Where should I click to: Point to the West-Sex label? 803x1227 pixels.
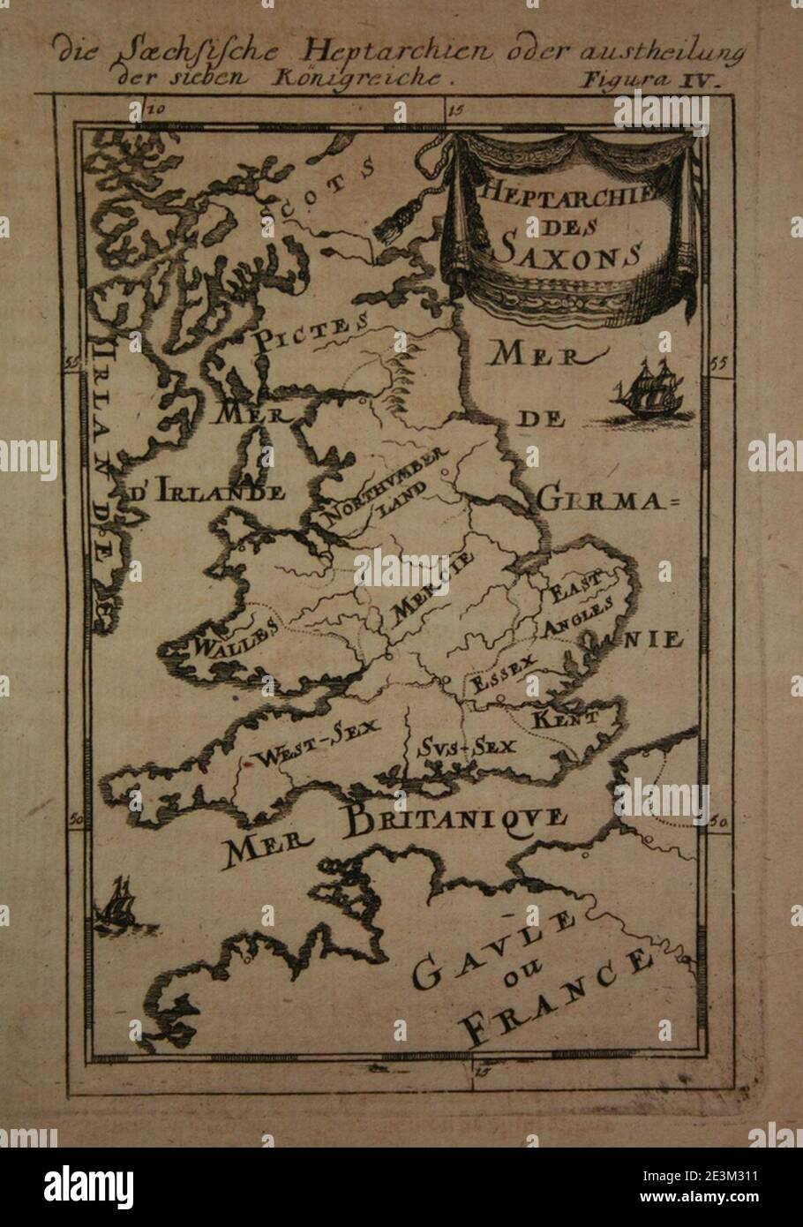click(316, 741)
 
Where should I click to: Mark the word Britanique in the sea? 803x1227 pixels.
click(455, 820)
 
